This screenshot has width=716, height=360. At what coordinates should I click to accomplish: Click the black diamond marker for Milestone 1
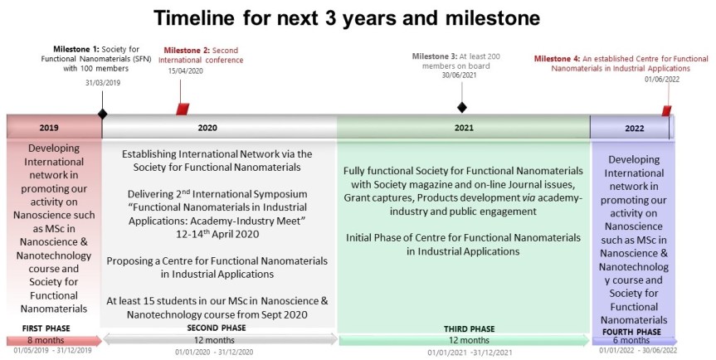(102, 114)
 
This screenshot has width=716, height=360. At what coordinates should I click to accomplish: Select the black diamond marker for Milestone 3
(462, 107)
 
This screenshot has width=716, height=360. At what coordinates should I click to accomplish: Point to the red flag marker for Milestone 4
(665, 110)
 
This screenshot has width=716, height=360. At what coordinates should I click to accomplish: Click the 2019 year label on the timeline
(49, 129)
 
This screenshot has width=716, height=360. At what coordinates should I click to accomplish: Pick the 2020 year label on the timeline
(207, 129)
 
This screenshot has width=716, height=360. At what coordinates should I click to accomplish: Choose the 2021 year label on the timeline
(464, 129)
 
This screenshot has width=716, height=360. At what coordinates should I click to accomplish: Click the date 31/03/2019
(102, 82)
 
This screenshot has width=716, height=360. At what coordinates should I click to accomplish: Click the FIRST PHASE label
(47, 328)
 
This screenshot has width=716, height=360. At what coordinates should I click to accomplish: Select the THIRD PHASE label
(470, 328)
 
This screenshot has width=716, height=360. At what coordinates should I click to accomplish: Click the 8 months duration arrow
(52, 340)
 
